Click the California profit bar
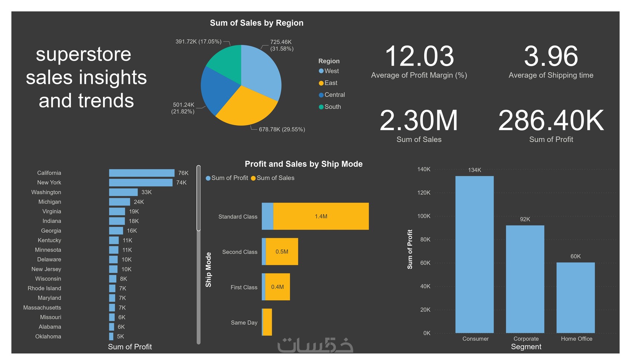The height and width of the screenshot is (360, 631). coord(141,173)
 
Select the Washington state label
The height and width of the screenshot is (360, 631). coord(46,192)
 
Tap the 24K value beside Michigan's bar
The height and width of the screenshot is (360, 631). coord(139,202)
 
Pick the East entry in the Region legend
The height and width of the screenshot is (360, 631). coord(331,83)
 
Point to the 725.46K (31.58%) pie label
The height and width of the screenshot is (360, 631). coord(281,45)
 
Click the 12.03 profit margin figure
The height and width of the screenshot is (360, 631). coord(419,57)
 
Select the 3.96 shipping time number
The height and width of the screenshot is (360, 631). coord(551,57)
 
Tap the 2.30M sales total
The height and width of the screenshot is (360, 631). coord(419,121)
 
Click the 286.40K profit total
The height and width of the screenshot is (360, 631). coord(551,121)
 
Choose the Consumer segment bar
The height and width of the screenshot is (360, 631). coord(474,254)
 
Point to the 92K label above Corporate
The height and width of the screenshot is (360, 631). coord(525,219)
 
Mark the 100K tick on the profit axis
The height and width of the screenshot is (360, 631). coord(424,216)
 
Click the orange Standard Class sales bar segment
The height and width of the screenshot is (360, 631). coord(321,216)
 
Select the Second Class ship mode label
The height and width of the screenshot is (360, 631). coord(239,252)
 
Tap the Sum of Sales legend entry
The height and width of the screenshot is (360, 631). coord(275,178)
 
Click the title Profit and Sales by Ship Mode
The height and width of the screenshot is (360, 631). coord(303,164)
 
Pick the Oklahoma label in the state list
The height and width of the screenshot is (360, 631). coord(48,337)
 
